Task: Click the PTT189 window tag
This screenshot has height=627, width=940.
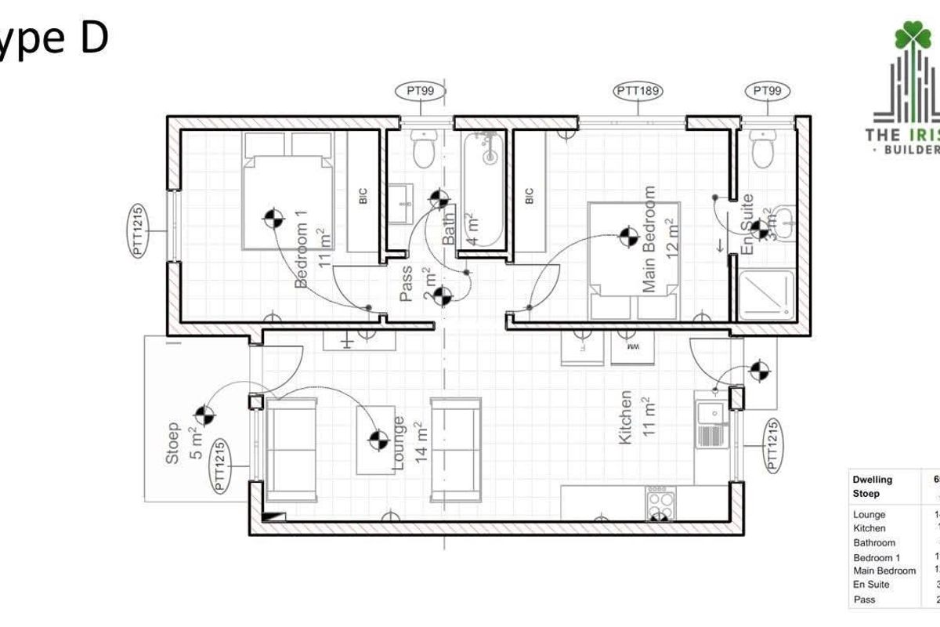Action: point(638,92)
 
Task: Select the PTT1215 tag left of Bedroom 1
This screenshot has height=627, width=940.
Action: point(138,231)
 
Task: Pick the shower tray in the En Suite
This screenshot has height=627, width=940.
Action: point(767,295)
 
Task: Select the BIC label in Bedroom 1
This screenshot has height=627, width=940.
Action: point(363,196)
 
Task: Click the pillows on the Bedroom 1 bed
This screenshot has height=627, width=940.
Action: point(287,144)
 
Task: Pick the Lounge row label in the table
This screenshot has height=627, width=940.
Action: point(869,515)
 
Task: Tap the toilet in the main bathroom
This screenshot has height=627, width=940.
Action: point(425,148)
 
